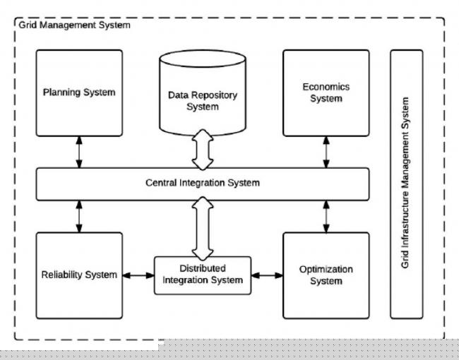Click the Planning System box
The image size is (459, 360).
click(x=78, y=92)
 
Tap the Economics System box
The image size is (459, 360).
click(x=325, y=92)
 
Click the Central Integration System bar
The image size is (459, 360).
click(x=203, y=183)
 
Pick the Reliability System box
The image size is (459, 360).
click(x=78, y=275)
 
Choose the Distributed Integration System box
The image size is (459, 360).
click(x=203, y=275)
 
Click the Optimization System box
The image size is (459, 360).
click(x=325, y=275)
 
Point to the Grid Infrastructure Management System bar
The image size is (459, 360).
click(x=405, y=184)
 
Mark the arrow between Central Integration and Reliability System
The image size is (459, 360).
click(x=79, y=215)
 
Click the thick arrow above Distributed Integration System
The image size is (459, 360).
click(x=203, y=227)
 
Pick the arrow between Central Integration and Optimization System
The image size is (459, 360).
click(x=326, y=215)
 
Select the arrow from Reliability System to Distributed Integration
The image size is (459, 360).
click(x=138, y=275)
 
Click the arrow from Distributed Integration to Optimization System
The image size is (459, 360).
click(x=267, y=275)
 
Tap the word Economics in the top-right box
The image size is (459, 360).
click(x=326, y=88)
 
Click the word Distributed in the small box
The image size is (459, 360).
click(x=203, y=269)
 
